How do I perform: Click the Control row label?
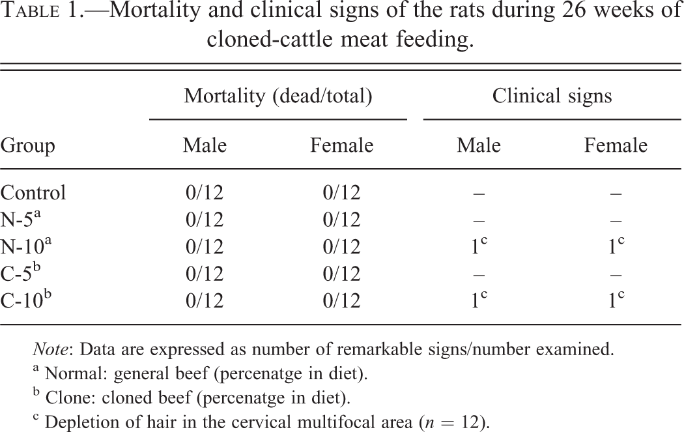(33, 192)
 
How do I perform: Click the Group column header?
(27, 146)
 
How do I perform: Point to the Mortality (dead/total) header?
(278, 96)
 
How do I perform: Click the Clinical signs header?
(552, 96)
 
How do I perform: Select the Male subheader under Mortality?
(205, 145)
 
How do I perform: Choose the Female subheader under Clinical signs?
(616, 145)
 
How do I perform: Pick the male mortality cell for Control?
(205, 192)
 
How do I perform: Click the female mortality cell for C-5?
(341, 274)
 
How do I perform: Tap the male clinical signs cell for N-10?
(479, 246)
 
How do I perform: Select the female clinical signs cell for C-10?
(616, 300)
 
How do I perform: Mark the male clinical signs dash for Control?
(479, 193)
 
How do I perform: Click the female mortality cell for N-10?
(341, 246)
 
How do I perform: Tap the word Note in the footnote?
(50, 349)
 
